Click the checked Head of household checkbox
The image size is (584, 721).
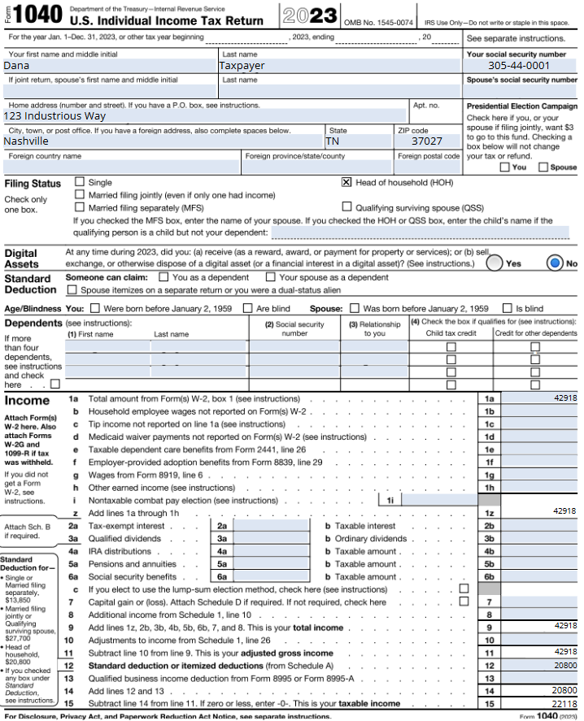(x=346, y=183)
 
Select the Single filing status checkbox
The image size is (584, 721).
(x=80, y=183)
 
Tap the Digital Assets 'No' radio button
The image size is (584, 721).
(x=556, y=263)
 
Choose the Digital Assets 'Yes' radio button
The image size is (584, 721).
(x=494, y=263)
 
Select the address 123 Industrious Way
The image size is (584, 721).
(x=54, y=116)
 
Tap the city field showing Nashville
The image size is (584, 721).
(x=26, y=141)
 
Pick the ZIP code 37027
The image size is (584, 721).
(x=428, y=141)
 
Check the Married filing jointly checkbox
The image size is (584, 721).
(x=80, y=195)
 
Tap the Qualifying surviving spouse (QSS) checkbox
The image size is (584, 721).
(x=346, y=207)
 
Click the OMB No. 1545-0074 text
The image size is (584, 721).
(x=379, y=22)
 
